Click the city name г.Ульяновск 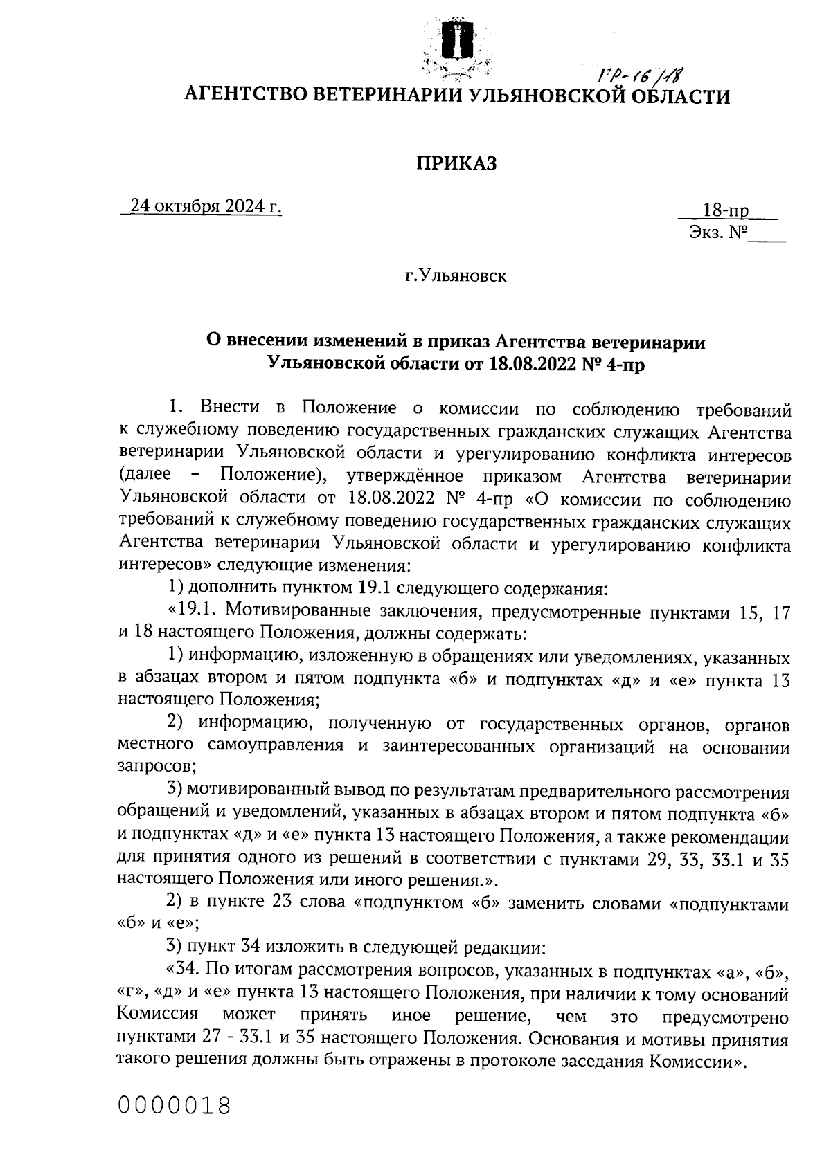456,277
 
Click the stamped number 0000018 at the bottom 174,1105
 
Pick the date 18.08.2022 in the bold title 534,363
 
